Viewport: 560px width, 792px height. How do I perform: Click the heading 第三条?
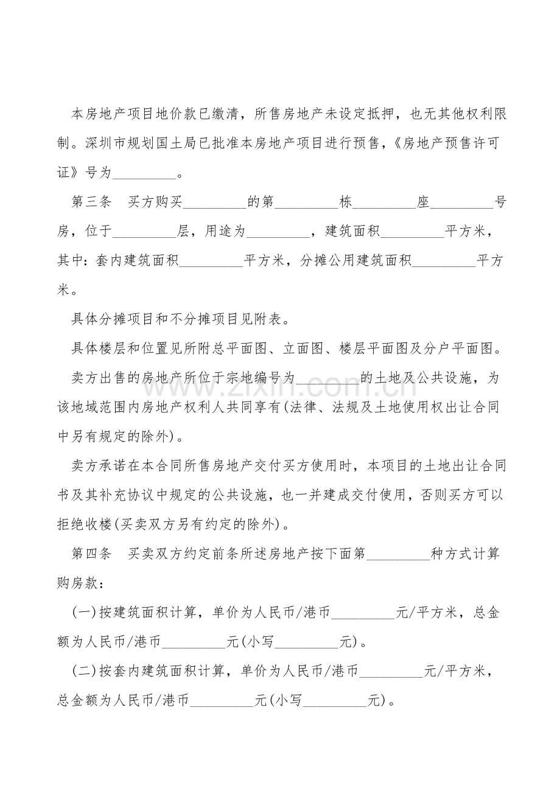[91, 203]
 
